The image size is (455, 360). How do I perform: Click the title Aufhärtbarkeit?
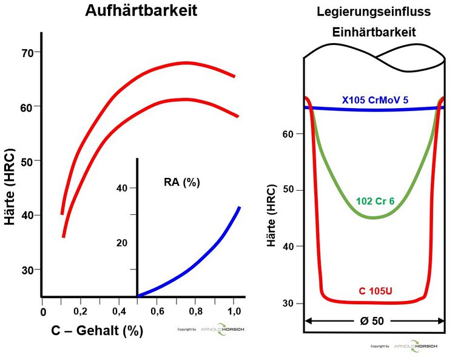[x=141, y=10]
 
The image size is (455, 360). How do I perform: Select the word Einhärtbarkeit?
[x=374, y=33]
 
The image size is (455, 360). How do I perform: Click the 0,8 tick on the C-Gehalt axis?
[x=195, y=311]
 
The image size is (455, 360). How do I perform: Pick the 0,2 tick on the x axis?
[x=81, y=311]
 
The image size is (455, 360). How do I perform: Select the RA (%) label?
[x=182, y=182]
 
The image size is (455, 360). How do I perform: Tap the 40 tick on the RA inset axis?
[x=122, y=188]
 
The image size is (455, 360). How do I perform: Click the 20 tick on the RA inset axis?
[x=122, y=243]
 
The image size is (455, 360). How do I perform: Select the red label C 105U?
[x=374, y=291]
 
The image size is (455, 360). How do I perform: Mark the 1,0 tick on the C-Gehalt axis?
[x=234, y=311]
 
